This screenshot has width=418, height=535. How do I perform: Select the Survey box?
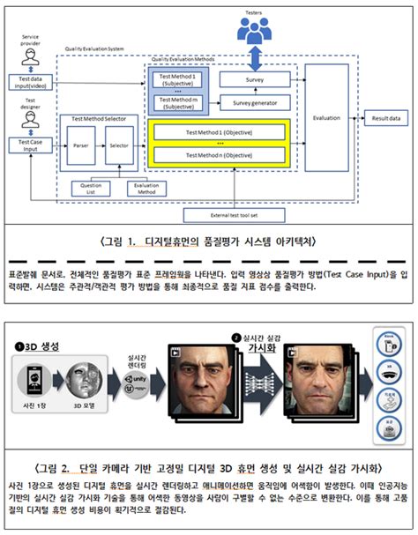(252, 80)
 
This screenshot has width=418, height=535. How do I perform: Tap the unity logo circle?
(137, 385)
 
